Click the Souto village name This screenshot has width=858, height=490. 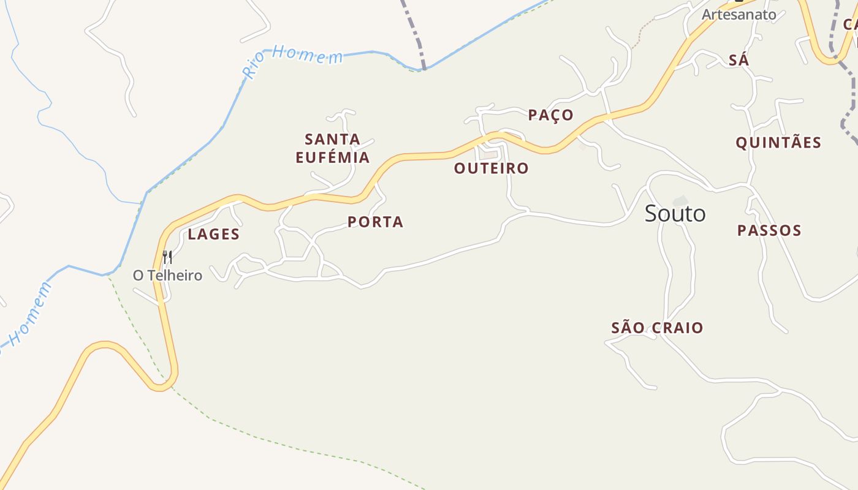[675, 214]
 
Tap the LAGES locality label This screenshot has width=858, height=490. [213, 234]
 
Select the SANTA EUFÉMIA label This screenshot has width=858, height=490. [332, 148]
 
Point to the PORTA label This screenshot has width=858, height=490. [375, 222]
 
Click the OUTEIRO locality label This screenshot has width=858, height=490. [491, 168]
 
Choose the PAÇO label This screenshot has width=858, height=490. [550, 115]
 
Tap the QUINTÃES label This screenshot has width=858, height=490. [778, 143]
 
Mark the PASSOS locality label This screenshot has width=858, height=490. [769, 230]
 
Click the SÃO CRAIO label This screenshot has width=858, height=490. [657, 328]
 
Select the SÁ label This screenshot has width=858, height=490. [738, 60]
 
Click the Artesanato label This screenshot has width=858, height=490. [738, 14]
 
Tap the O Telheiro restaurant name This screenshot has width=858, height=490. [167, 276]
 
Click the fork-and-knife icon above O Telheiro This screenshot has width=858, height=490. [167, 257]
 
